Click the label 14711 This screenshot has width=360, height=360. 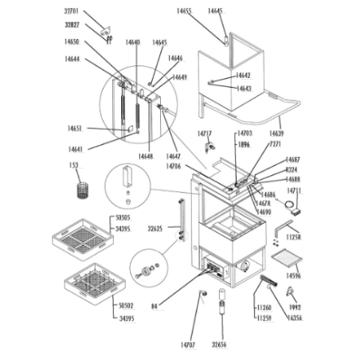tap(294, 192)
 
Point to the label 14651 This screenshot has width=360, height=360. tap(76, 127)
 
